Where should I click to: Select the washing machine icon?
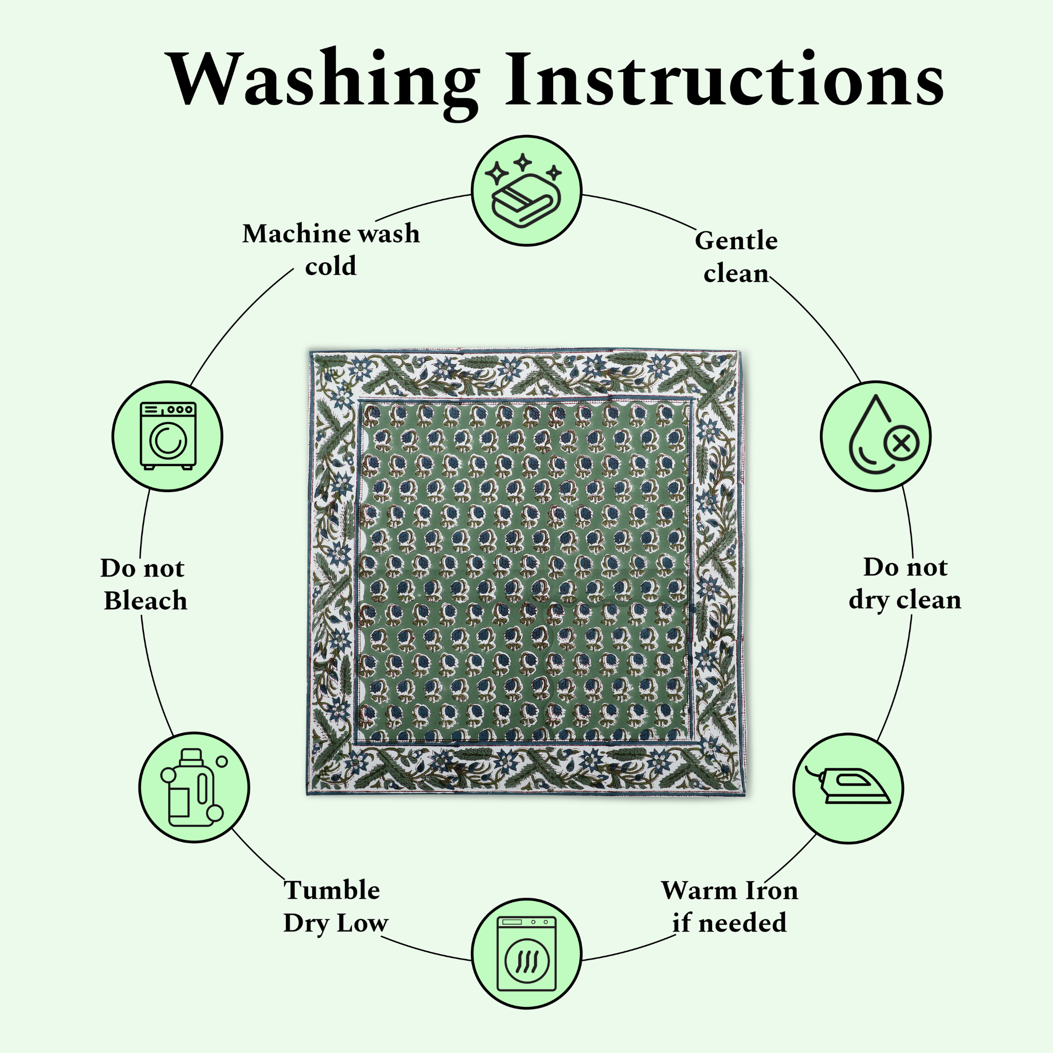167,436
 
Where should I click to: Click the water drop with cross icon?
876,436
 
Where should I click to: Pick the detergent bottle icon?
193,788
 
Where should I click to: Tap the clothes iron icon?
848,788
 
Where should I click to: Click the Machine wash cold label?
331,249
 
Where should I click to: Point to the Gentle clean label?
736,257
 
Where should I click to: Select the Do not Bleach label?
144,584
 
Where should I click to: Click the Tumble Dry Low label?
334,906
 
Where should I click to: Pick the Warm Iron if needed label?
729,906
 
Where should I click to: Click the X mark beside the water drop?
902,444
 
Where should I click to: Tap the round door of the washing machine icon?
168,442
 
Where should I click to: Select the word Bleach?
146,601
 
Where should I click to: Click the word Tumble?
332,890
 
